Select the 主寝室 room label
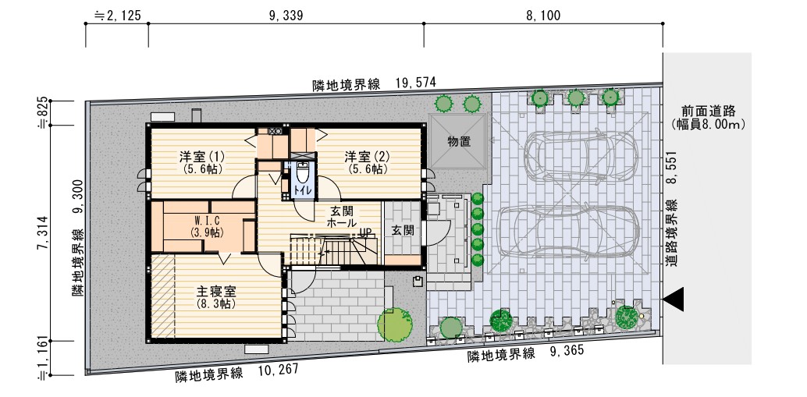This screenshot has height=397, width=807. [216, 292]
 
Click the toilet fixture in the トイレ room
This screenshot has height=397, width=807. [301, 173]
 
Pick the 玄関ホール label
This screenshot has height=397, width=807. [342, 217]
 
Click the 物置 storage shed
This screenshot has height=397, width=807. [459, 142]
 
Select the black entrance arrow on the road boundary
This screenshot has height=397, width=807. [674, 300]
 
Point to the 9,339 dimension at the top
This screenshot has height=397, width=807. [286, 16]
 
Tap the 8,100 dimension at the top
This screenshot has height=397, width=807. [543, 16]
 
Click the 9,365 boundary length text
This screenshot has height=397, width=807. [567, 351]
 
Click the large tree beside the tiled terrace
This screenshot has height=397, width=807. [395, 324]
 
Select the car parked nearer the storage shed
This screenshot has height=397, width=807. [581, 155]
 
